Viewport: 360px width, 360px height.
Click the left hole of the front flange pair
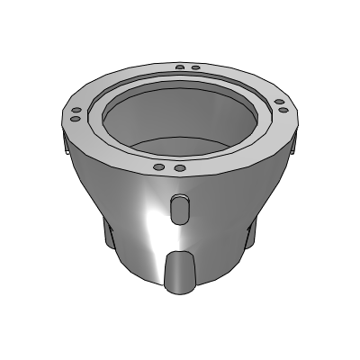158,167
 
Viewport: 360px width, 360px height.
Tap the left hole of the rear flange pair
180,67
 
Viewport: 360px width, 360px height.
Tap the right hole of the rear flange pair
195,68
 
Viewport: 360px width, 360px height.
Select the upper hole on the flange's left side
76,109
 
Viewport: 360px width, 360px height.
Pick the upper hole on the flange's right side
281,101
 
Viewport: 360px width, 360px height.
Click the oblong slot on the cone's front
180,210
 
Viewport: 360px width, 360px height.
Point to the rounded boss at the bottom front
181,271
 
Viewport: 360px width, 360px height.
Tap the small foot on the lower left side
110,236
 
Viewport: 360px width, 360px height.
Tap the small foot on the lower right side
250,234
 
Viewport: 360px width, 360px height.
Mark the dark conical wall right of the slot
225,216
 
